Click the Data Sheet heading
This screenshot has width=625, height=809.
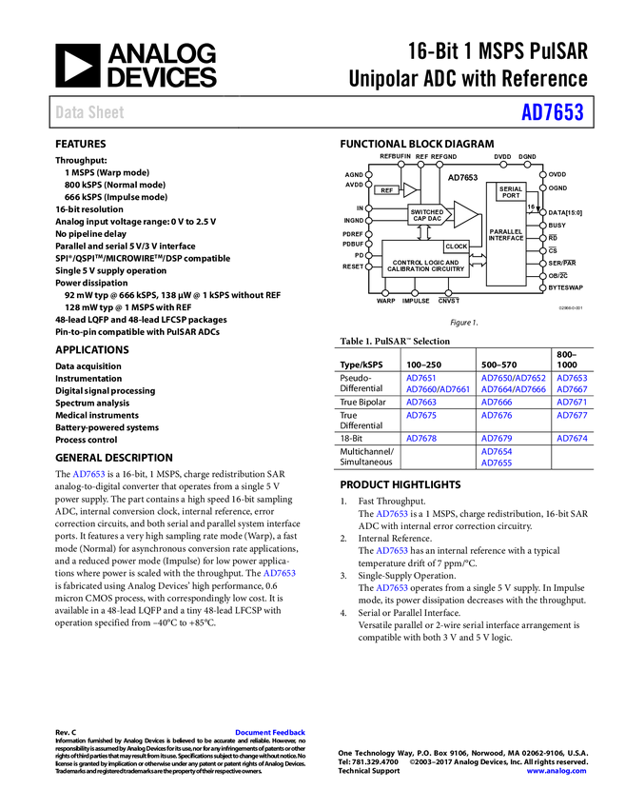[90, 112]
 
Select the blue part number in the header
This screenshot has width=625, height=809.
[552, 112]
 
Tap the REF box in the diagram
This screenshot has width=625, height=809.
[386, 190]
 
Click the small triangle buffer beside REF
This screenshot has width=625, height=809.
[409, 190]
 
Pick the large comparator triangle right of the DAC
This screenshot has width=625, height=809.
[464, 214]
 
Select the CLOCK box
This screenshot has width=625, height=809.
[456, 247]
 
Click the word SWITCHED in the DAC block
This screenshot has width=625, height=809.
[427, 212]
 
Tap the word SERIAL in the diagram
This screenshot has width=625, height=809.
[511, 189]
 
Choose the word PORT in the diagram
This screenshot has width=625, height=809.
[511, 196]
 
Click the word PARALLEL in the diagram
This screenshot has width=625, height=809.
[506, 231]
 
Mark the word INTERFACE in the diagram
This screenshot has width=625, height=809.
[506, 238]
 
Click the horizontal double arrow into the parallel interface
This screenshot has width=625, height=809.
[478, 260]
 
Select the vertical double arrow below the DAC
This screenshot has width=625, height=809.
[425, 231]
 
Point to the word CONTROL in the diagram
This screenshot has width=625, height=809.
[408, 263]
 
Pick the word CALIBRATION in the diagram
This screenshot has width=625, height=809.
[409, 269]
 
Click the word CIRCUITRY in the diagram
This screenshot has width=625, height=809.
[448, 269]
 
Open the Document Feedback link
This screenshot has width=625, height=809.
[271, 733]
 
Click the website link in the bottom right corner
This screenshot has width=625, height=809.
[557, 771]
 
